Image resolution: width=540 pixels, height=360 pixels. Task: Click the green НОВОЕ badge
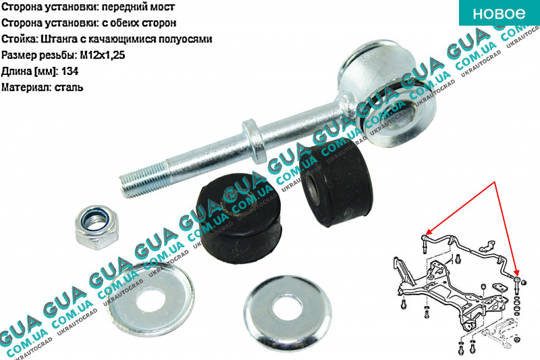(500, 13)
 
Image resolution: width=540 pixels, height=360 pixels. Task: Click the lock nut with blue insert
(97, 227)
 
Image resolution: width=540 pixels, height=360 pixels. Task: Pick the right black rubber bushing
(335, 182)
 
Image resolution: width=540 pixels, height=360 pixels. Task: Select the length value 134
(70, 72)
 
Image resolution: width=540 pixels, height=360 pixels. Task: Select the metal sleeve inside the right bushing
(314, 188)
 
